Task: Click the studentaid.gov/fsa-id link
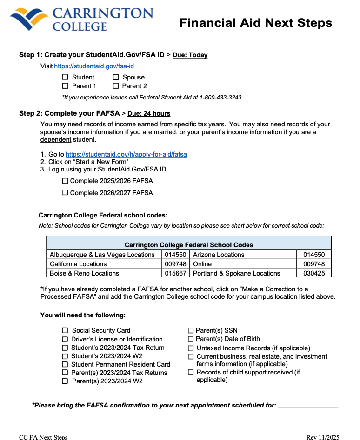[x=94, y=66]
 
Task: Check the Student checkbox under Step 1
[x=65, y=77]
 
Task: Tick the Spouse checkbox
[x=116, y=77]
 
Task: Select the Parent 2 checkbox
[x=116, y=86]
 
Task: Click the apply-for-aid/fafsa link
[x=126, y=154]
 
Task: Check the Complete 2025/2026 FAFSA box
[x=65, y=181]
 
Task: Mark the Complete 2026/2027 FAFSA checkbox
[x=65, y=192]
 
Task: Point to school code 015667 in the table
[x=175, y=273]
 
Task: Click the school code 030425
[x=314, y=273]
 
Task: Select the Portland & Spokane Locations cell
[x=236, y=273]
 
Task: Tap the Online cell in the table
[x=202, y=264]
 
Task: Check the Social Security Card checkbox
[x=65, y=330]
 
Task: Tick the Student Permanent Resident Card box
[x=65, y=364]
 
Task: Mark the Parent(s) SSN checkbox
[x=191, y=330]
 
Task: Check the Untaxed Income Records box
[x=191, y=348]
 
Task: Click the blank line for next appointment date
[x=308, y=406]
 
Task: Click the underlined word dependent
[x=56, y=139]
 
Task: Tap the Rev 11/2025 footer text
[x=323, y=437]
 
